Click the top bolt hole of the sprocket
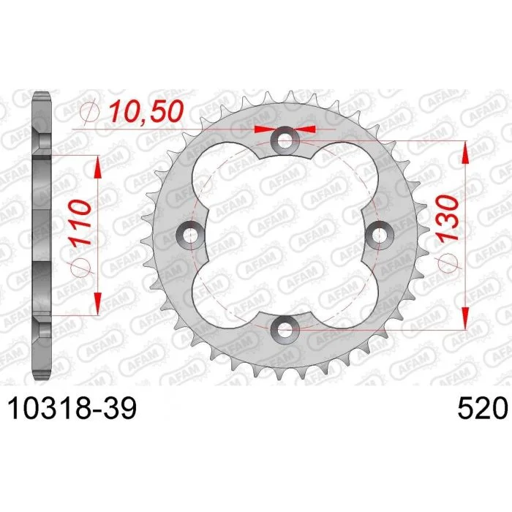click(285, 140)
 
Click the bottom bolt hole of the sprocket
click(285, 329)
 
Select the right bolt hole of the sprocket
click(379, 235)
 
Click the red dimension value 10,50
click(146, 111)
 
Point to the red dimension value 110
click(80, 222)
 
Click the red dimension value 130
click(447, 219)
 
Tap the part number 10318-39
click(72, 408)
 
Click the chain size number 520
click(483, 408)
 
